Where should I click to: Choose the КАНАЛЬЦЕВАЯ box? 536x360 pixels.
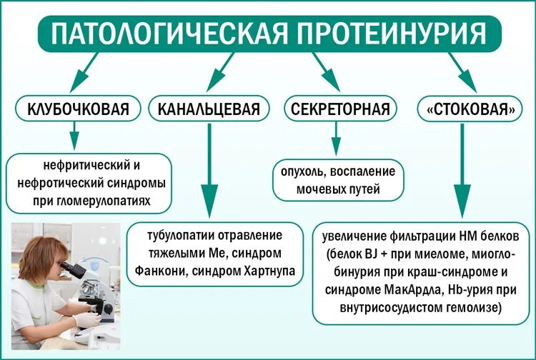pos(209,110)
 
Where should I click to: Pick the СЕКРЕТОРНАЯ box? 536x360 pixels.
pos(340,110)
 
